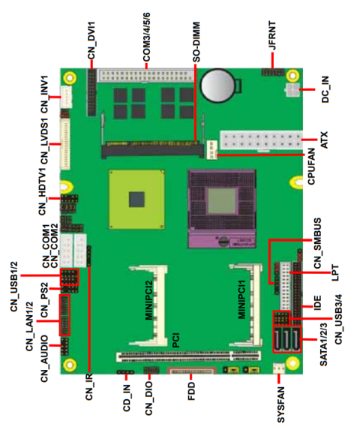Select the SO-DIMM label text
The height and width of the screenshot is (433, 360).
point(196,41)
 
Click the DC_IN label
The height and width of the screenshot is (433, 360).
point(325,88)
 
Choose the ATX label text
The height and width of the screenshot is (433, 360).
point(324,140)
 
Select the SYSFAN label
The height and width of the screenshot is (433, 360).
point(280,398)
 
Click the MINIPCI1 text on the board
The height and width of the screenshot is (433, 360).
point(241,299)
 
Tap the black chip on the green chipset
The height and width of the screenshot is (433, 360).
point(136,198)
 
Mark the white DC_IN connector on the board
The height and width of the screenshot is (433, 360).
point(290,89)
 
